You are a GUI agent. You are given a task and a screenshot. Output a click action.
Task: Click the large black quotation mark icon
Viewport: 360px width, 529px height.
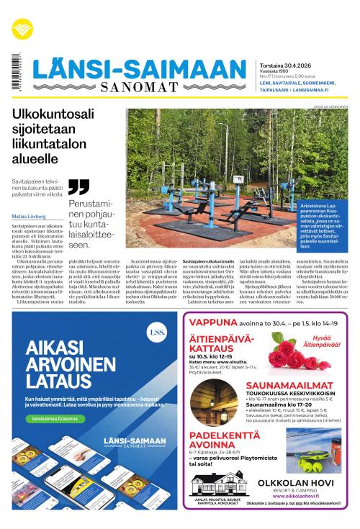[x=78, y=188]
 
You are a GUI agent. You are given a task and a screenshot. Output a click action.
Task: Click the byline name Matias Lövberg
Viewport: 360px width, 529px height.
[x=30, y=215]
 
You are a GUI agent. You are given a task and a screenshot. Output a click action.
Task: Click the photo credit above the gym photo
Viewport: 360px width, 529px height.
[x=330, y=107]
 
